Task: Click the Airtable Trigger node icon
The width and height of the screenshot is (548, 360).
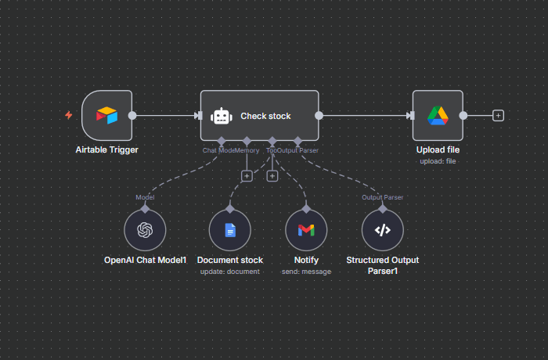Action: tap(106, 116)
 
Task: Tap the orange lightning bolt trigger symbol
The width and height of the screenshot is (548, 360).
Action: tap(69, 115)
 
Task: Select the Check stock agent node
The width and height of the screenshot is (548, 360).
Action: tap(259, 116)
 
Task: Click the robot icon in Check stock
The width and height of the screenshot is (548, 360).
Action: tap(222, 116)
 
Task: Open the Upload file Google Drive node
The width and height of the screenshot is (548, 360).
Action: tap(437, 116)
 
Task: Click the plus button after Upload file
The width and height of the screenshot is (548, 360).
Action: tap(498, 116)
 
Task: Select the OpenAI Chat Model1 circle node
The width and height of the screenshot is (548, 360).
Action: tap(145, 230)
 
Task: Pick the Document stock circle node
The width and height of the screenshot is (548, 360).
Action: tap(229, 230)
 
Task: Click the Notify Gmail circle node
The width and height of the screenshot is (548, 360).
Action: tap(306, 230)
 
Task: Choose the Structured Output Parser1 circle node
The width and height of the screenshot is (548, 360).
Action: tap(382, 230)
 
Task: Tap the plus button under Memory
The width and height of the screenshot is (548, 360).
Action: tap(247, 176)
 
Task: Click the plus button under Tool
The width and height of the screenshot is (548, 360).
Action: tap(272, 176)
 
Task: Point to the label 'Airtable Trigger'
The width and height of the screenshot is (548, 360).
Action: tap(106, 149)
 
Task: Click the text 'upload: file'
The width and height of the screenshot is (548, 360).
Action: tap(437, 160)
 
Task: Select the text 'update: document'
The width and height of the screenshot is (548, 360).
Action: tap(229, 272)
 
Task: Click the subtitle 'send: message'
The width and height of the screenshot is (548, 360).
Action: tap(306, 272)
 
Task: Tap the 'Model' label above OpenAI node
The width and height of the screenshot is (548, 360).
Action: tap(145, 197)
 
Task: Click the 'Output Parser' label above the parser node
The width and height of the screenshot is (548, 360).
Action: tap(382, 197)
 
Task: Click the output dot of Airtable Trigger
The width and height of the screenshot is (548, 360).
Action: tap(132, 116)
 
